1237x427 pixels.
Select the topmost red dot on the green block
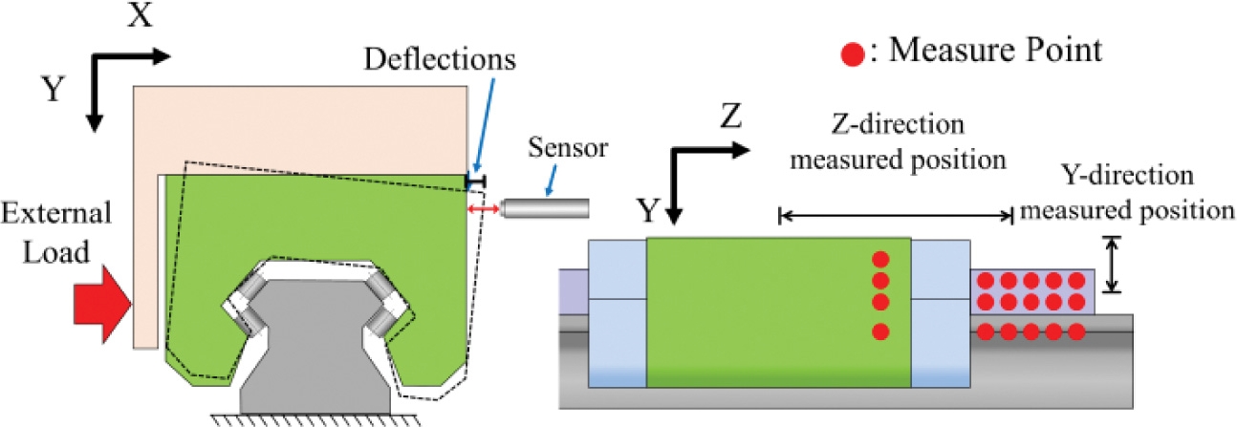881,259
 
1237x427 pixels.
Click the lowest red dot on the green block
881,332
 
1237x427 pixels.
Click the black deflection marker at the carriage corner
475,180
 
